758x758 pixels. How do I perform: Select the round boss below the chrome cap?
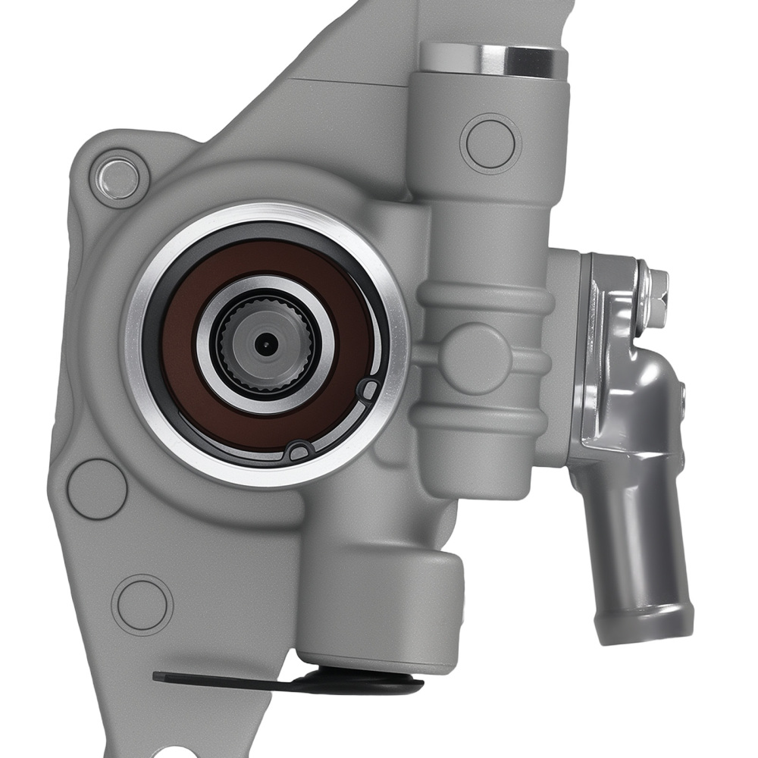coord(490,143)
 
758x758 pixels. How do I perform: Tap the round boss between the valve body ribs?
coord(475,356)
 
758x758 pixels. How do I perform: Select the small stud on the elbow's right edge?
coord(683,399)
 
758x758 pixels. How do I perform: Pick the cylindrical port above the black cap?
coord(379,606)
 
